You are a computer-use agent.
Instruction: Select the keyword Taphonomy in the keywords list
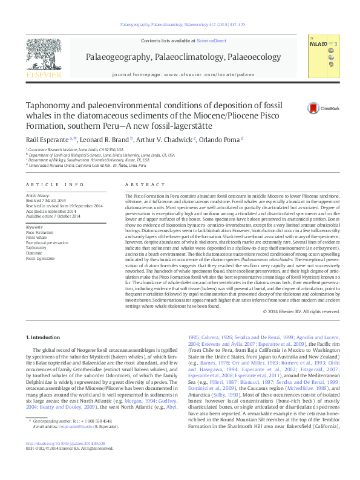(x=36, y=248)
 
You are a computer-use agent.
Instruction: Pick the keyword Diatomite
(x=34, y=253)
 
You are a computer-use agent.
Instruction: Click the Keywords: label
(x=34, y=227)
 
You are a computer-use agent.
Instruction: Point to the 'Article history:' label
(x=38, y=196)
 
